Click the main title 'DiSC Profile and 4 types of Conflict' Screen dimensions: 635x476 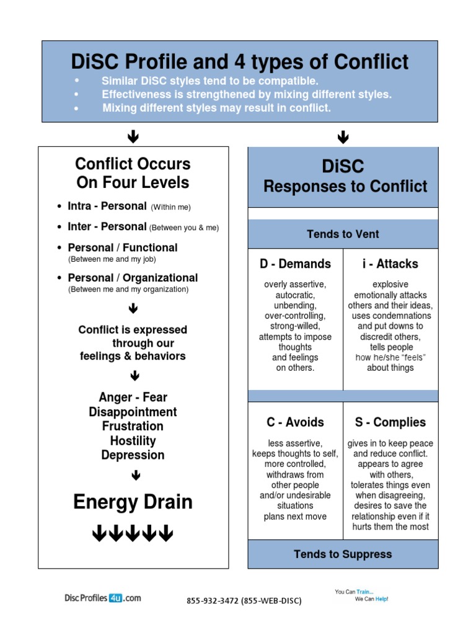click(x=240, y=62)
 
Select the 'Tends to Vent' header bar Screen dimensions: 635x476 click(x=343, y=234)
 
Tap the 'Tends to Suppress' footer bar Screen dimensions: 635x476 click(x=343, y=554)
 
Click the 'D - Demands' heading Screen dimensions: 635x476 click(x=295, y=264)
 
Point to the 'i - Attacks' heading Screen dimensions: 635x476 click(x=390, y=264)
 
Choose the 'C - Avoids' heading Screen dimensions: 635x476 click(x=295, y=422)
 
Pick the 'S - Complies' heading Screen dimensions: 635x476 click(x=390, y=422)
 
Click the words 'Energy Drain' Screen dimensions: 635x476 click(x=133, y=502)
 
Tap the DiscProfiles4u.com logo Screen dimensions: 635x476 click(x=102, y=598)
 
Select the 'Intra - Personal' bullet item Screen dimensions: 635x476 click(x=107, y=206)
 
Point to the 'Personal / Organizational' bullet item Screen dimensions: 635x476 click(x=133, y=278)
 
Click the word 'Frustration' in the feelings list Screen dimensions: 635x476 click(x=133, y=426)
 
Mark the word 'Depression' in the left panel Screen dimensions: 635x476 click(x=133, y=455)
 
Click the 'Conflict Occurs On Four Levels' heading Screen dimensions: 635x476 click(x=133, y=173)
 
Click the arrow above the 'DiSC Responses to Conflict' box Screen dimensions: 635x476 click(x=343, y=137)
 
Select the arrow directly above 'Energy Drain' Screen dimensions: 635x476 click(x=133, y=476)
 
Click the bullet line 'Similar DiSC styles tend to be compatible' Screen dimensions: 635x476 click(x=209, y=81)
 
